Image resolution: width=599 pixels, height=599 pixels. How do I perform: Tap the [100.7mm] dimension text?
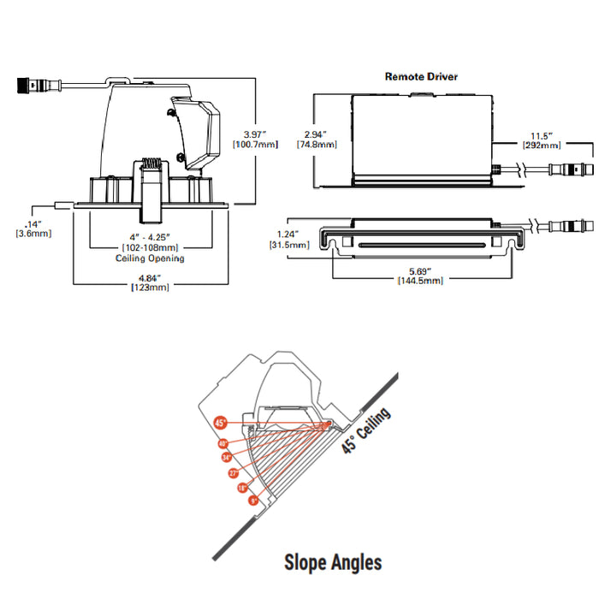click(255, 145)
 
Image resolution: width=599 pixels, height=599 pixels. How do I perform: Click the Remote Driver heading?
click(421, 76)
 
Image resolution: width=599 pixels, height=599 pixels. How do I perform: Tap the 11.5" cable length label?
click(541, 135)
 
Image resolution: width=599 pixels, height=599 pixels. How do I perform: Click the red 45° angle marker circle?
click(220, 423)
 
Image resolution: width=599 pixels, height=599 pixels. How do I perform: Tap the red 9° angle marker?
click(253, 501)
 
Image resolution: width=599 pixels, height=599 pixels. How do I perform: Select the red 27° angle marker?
click(233, 472)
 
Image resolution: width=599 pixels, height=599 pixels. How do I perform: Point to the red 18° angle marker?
click(242, 488)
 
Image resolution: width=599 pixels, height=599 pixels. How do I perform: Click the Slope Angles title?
click(333, 561)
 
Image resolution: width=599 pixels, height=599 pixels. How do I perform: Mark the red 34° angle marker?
click(226, 458)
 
